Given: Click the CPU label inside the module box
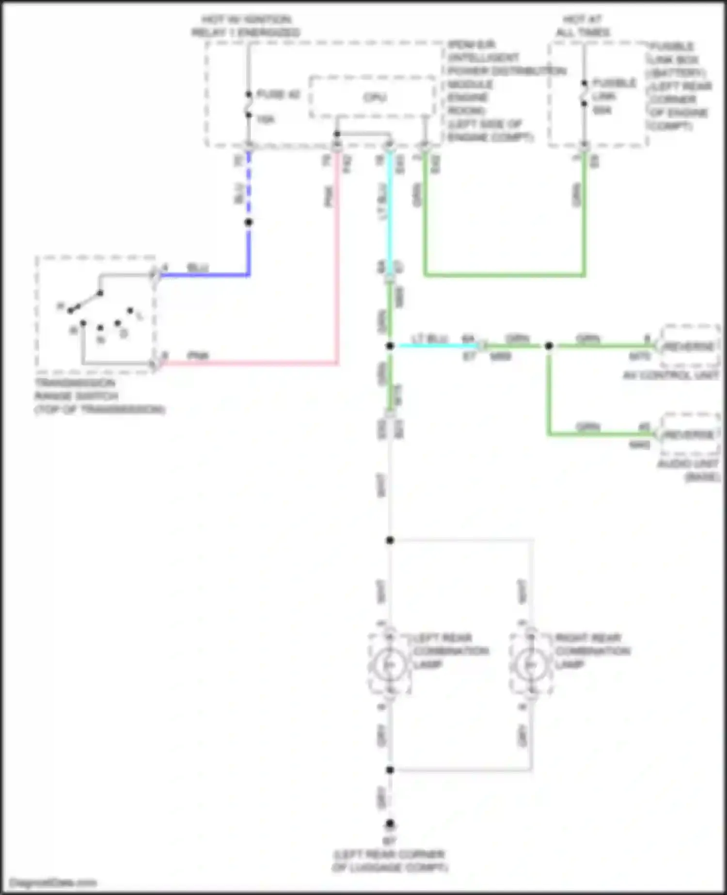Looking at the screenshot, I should pyautogui.click(x=375, y=97).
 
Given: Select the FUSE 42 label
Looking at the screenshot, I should pyautogui.click(x=278, y=95).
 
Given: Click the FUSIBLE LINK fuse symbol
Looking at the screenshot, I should pyautogui.click(x=584, y=93).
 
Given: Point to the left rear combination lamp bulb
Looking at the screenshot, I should pyautogui.click(x=389, y=665).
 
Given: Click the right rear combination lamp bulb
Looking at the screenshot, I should pyautogui.click(x=531, y=665).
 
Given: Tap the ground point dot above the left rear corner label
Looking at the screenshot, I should pyautogui.click(x=390, y=823).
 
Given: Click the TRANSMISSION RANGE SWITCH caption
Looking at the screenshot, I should pyautogui.click(x=99, y=396).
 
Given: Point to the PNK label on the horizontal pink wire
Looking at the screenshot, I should pyautogui.click(x=198, y=356).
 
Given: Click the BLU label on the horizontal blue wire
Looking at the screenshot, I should pyautogui.click(x=197, y=268).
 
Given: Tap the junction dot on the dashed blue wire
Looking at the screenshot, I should pyautogui.click(x=249, y=222).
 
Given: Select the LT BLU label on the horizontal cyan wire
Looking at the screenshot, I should pyautogui.click(x=429, y=338).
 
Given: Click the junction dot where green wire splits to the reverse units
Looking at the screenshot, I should pyautogui.click(x=549, y=346).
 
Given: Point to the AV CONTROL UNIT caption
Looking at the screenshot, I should pyautogui.click(x=671, y=375).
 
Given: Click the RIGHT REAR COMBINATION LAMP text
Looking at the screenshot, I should pyautogui.click(x=592, y=651).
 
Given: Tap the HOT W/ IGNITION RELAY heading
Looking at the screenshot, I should pyautogui.click(x=246, y=26).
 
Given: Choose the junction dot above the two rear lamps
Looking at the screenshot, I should pyautogui.click(x=390, y=540).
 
